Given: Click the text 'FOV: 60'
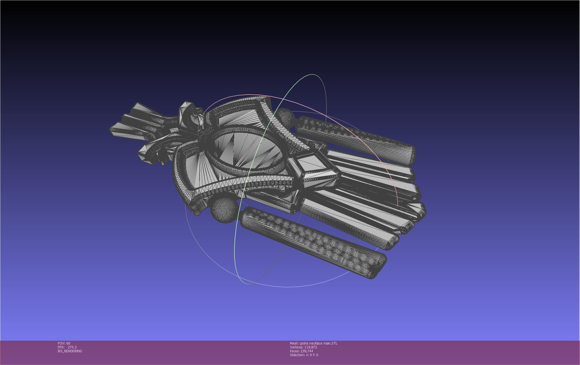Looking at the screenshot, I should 64,343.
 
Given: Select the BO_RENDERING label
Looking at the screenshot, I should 70,351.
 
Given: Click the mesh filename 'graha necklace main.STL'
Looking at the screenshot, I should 319,343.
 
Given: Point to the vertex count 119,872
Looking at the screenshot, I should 310,347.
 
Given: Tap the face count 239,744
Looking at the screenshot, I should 307,351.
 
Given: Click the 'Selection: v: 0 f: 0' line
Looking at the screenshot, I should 304,355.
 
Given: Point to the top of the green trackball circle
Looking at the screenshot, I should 313,74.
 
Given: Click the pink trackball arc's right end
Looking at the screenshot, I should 398,205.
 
